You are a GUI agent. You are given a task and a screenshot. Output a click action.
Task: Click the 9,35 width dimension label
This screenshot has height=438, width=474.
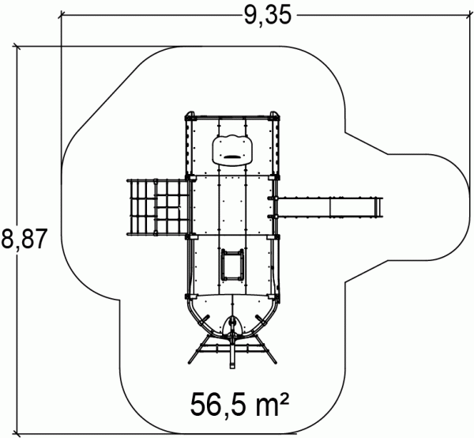pyautogui.click(x=267, y=15)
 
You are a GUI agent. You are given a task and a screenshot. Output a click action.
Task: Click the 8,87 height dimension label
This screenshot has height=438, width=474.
pyautogui.click(x=24, y=238)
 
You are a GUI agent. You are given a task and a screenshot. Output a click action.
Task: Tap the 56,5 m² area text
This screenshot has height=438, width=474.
pyautogui.click(x=239, y=405)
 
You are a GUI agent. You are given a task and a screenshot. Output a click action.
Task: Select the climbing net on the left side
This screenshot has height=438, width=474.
pyautogui.click(x=159, y=207)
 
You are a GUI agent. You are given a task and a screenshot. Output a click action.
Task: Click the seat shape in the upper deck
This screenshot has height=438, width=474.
pyautogui.click(x=232, y=150)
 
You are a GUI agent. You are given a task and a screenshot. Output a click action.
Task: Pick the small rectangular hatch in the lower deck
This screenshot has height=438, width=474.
pyautogui.click(x=232, y=265)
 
